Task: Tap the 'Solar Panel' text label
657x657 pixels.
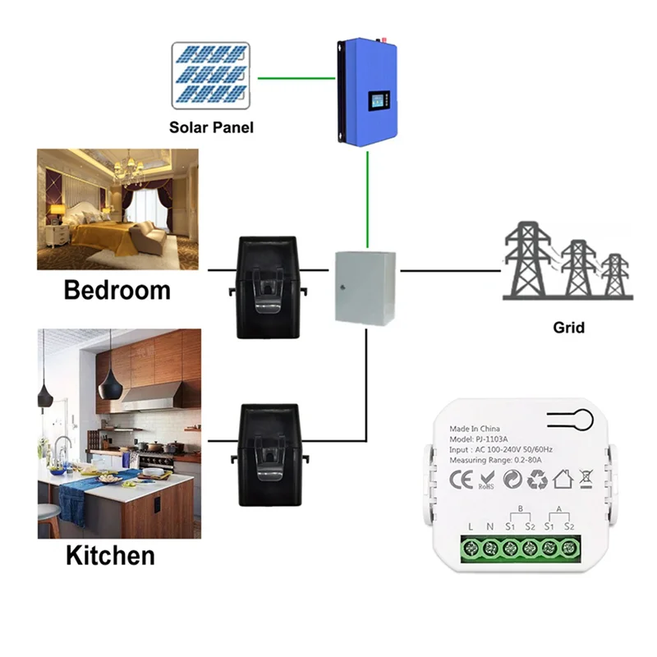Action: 211,128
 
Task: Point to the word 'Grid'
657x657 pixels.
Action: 568,328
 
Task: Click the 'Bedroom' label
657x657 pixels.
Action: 117,290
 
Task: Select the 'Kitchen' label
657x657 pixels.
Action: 110,555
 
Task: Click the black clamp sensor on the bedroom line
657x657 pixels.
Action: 265,286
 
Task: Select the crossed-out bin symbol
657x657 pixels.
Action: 586,477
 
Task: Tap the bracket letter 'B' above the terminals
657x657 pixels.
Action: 520,508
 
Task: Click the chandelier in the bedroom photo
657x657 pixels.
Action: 129,168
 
